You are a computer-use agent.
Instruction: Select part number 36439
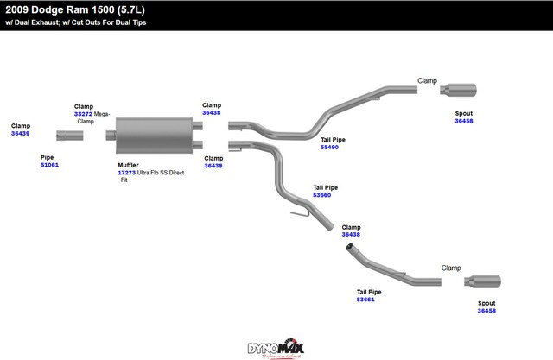point(20,134)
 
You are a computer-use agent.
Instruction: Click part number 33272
point(83,114)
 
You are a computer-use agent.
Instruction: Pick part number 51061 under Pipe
point(49,164)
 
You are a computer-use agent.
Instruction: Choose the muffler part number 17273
point(126,172)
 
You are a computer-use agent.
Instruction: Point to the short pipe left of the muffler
point(70,135)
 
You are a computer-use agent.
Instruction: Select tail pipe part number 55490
point(329,147)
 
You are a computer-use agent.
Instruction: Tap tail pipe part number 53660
point(322,195)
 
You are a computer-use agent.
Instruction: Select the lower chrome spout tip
point(485,282)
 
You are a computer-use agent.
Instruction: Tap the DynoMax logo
point(276,347)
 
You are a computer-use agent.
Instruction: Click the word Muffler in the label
point(127,164)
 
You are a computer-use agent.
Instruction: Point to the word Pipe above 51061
point(47,156)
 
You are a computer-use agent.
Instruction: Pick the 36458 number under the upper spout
point(464,121)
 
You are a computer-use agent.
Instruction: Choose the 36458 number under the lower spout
point(487,311)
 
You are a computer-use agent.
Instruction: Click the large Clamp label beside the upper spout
point(427,80)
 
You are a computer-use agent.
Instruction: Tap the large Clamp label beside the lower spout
point(451,268)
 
